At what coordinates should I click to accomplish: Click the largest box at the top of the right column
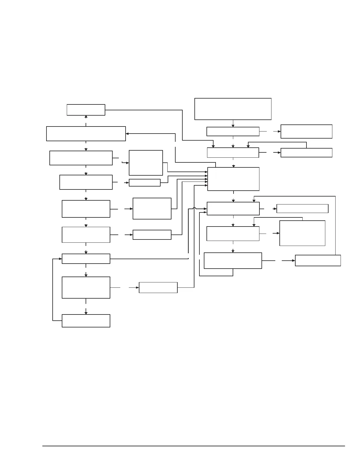click(x=233, y=109)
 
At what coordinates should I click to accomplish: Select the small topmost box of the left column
click(x=86, y=110)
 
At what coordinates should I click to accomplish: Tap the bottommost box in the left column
click(x=86, y=321)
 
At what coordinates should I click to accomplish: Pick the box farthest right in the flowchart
click(x=318, y=260)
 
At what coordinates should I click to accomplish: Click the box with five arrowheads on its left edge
click(x=233, y=179)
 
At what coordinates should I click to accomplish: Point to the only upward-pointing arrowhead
click(x=86, y=117)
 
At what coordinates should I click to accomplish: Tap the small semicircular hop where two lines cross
click(x=194, y=209)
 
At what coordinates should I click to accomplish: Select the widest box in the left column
click(x=86, y=134)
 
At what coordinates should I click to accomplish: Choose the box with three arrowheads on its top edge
click(x=233, y=153)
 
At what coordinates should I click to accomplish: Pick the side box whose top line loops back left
click(x=306, y=153)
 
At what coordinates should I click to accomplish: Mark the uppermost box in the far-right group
click(x=306, y=131)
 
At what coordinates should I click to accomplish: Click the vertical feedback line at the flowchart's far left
click(x=53, y=290)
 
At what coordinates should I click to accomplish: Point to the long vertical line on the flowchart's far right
click(x=335, y=225)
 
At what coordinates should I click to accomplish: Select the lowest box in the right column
click(x=233, y=260)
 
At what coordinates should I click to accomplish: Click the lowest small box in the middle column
click(x=158, y=287)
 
